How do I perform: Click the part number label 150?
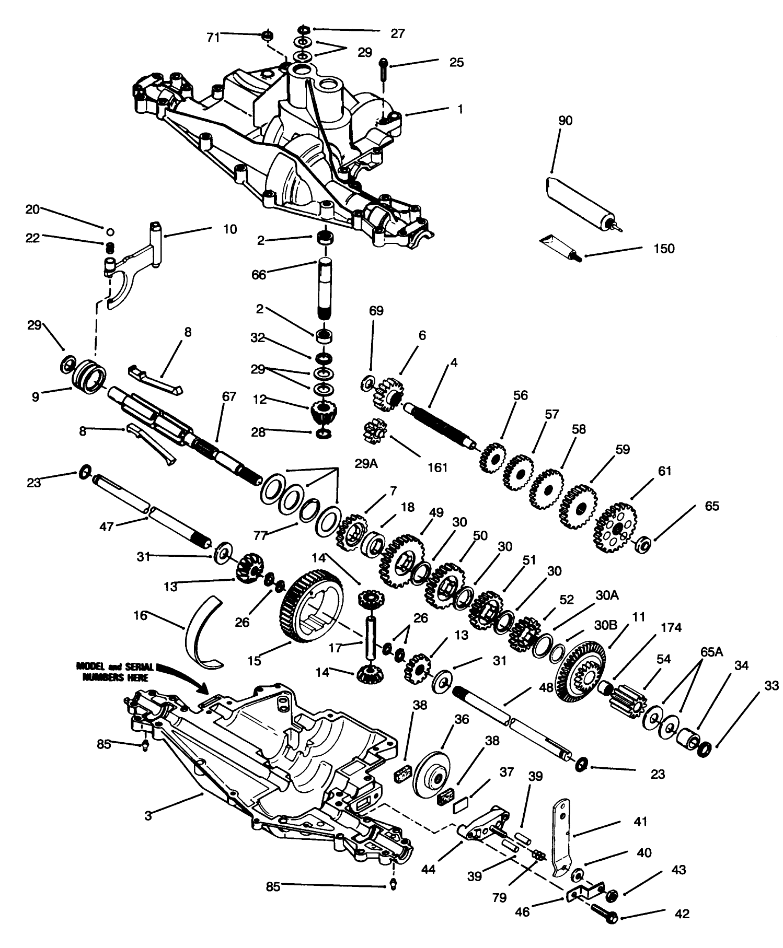pos(664,249)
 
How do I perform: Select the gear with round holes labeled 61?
pos(616,528)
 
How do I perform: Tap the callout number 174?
pos(671,628)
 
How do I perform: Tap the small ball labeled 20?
pos(110,231)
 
